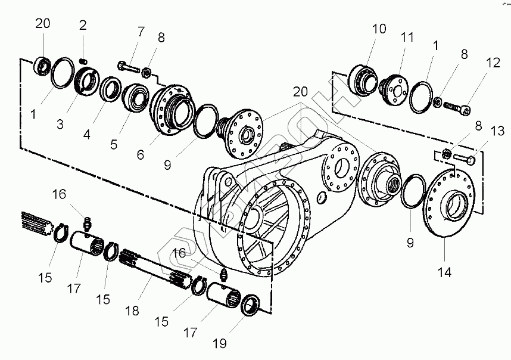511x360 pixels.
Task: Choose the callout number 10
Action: tap(379, 29)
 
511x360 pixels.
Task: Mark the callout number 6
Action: tap(141, 154)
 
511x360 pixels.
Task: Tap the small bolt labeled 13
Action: tap(465, 159)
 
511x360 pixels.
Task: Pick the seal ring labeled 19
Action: tap(250, 305)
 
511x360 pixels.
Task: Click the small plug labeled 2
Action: tap(84, 60)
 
